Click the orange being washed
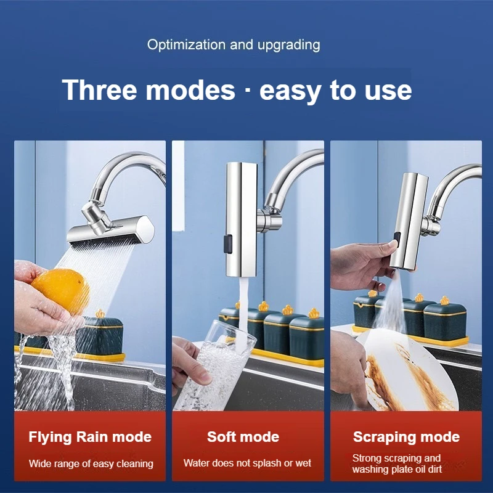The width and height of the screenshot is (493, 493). (x=60, y=291)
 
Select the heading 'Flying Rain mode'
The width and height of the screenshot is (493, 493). (x=90, y=438)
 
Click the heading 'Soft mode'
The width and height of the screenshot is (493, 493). (x=243, y=437)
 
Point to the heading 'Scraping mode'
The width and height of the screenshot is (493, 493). (x=406, y=438)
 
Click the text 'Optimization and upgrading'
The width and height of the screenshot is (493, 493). (x=234, y=44)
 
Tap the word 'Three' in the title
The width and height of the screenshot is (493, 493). (x=100, y=90)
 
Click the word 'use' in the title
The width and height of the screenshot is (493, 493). (x=388, y=91)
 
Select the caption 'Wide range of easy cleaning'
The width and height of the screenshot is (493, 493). (x=91, y=464)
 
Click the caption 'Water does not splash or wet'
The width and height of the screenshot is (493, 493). (x=247, y=463)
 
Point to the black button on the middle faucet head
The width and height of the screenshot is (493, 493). (x=228, y=244)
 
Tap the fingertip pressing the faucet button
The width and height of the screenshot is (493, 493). (x=393, y=244)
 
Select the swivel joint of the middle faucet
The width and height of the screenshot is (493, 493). (x=267, y=220)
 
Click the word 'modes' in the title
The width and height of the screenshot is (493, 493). (x=190, y=90)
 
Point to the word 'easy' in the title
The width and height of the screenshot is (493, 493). (x=290, y=91)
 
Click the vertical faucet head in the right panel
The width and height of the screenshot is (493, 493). (x=408, y=221)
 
